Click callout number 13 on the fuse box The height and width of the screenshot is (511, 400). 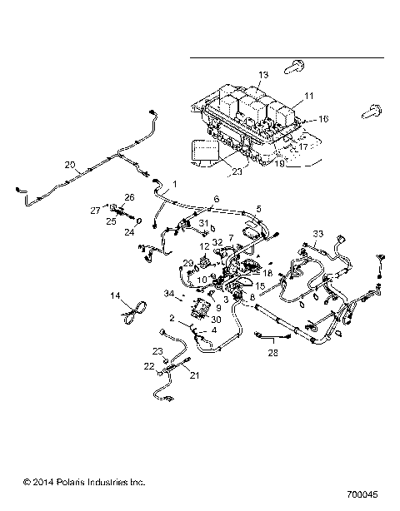click(262, 76)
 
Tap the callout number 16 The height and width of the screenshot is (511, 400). click(323, 119)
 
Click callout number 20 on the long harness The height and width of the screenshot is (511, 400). click(70, 164)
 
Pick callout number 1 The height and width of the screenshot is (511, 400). click(174, 183)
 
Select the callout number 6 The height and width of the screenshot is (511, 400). click(216, 200)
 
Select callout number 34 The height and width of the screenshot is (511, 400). click(170, 294)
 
